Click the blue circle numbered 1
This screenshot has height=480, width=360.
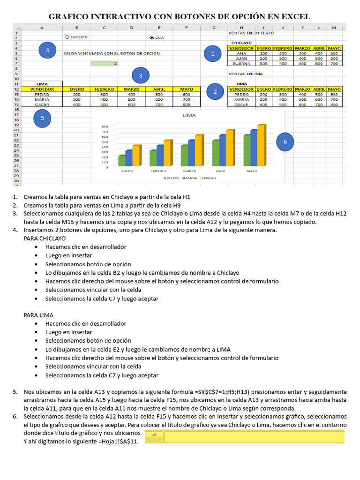pyautogui.click(x=213, y=54)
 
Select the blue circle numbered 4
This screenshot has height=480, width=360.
pyautogui.click(x=47, y=50)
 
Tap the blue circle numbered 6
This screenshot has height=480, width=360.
pyautogui.click(x=285, y=142)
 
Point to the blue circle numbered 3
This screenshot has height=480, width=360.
pyautogui.click(x=141, y=75)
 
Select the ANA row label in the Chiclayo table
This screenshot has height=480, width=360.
pyautogui.click(x=241, y=53)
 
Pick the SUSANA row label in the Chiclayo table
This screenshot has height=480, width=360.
pyautogui.click(x=241, y=63)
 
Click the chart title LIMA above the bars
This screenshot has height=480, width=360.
pyautogui.click(x=189, y=115)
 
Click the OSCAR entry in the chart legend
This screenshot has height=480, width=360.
pyautogui.click(x=209, y=179)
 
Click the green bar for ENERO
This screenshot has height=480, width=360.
pyautogui.click(x=121, y=160)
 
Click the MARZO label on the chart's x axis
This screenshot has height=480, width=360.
pyautogui.click(x=189, y=171)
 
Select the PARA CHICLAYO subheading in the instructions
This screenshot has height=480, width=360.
pyautogui.click(x=45, y=239)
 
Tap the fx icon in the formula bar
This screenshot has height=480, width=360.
pyautogui.click(x=155, y=435)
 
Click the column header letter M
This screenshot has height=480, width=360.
pyautogui.click(x=334, y=28)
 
